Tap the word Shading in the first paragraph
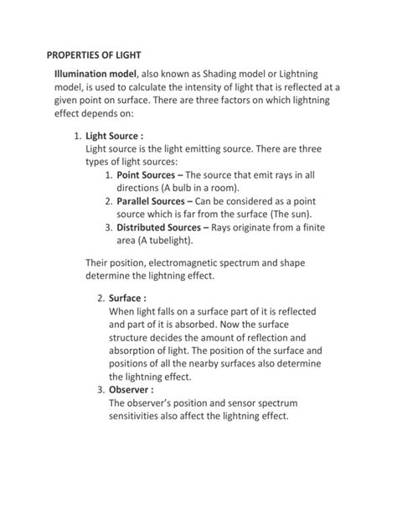224,75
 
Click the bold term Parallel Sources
152,201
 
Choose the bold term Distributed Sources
158,227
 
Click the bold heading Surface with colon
126,298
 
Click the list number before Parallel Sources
108,201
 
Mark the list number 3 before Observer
100,390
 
